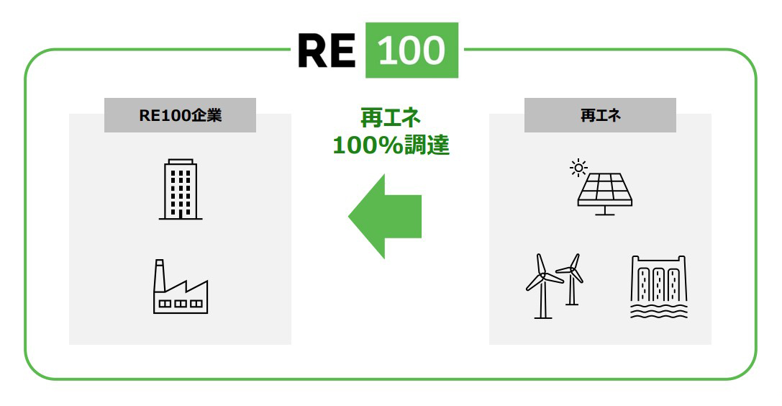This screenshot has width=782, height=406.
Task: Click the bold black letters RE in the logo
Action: pyautogui.click(x=327, y=50)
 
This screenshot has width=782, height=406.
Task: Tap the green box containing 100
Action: pyautogui.click(x=412, y=50)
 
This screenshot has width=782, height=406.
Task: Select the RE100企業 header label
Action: pyautogui.click(x=180, y=115)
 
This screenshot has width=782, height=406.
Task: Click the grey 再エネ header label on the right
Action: pyautogui.click(x=600, y=115)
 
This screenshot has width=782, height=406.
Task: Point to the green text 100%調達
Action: pyautogui.click(x=391, y=145)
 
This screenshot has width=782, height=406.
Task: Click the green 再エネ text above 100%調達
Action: pyautogui.click(x=391, y=117)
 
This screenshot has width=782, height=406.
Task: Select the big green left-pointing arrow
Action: pyautogui.click(x=385, y=216)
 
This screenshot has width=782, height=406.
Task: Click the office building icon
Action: pyautogui.click(x=180, y=189)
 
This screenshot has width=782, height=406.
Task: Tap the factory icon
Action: pyautogui.click(x=180, y=288)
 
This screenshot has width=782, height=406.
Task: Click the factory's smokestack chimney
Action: pyautogui.click(x=159, y=274)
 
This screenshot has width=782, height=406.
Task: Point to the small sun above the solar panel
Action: pyautogui.click(x=578, y=168)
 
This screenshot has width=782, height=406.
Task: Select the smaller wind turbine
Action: pyautogui.click(x=572, y=277)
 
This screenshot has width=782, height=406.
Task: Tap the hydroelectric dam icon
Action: pyautogui.click(x=658, y=287)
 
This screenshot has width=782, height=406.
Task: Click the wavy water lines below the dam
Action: pyautogui.click(x=658, y=311)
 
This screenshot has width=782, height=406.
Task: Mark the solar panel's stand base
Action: pyautogui.click(x=604, y=214)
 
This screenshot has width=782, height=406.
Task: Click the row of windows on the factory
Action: pyautogui.click(x=180, y=303)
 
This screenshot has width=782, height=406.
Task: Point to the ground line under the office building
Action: pyautogui.click(x=180, y=218)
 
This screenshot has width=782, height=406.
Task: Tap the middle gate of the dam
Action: pyautogui.click(x=658, y=284)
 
